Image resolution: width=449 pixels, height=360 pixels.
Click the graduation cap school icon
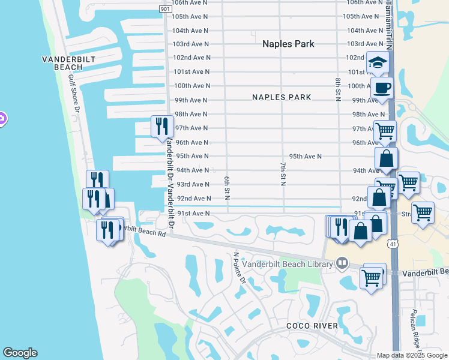pos(378,62)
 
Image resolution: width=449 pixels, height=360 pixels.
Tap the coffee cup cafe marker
pos(382,89)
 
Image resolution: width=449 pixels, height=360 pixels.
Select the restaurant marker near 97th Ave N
pos(161,127)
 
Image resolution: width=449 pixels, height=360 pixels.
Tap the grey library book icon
pos(342,263)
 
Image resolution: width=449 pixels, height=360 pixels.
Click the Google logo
pos(20,353)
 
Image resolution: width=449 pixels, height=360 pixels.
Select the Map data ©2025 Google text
pos(412,355)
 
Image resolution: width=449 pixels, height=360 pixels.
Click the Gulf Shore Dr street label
pos(74,94)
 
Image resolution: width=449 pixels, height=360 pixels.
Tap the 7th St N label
pos(282,173)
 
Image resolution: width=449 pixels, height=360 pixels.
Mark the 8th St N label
pos(338,89)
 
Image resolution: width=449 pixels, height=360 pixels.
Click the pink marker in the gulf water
pos(2,119)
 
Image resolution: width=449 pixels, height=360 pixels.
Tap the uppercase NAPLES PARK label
pos(282,97)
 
